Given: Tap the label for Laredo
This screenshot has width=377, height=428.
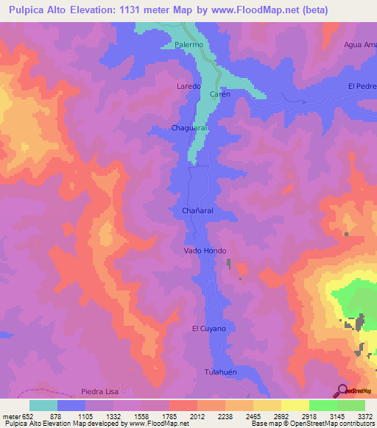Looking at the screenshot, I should [188, 86].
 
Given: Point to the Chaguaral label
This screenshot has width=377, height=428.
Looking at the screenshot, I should [191, 127].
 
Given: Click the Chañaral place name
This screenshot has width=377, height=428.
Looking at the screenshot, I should [197, 210].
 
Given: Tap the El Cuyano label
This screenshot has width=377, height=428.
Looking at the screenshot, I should [208, 329].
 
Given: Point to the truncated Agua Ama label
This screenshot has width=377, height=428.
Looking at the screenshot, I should [359, 45].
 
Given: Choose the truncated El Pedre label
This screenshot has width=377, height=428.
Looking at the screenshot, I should [362, 86].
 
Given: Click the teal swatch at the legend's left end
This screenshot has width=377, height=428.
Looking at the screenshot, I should [43, 405].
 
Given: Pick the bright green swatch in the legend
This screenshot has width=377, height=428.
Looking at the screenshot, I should [323, 405].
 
